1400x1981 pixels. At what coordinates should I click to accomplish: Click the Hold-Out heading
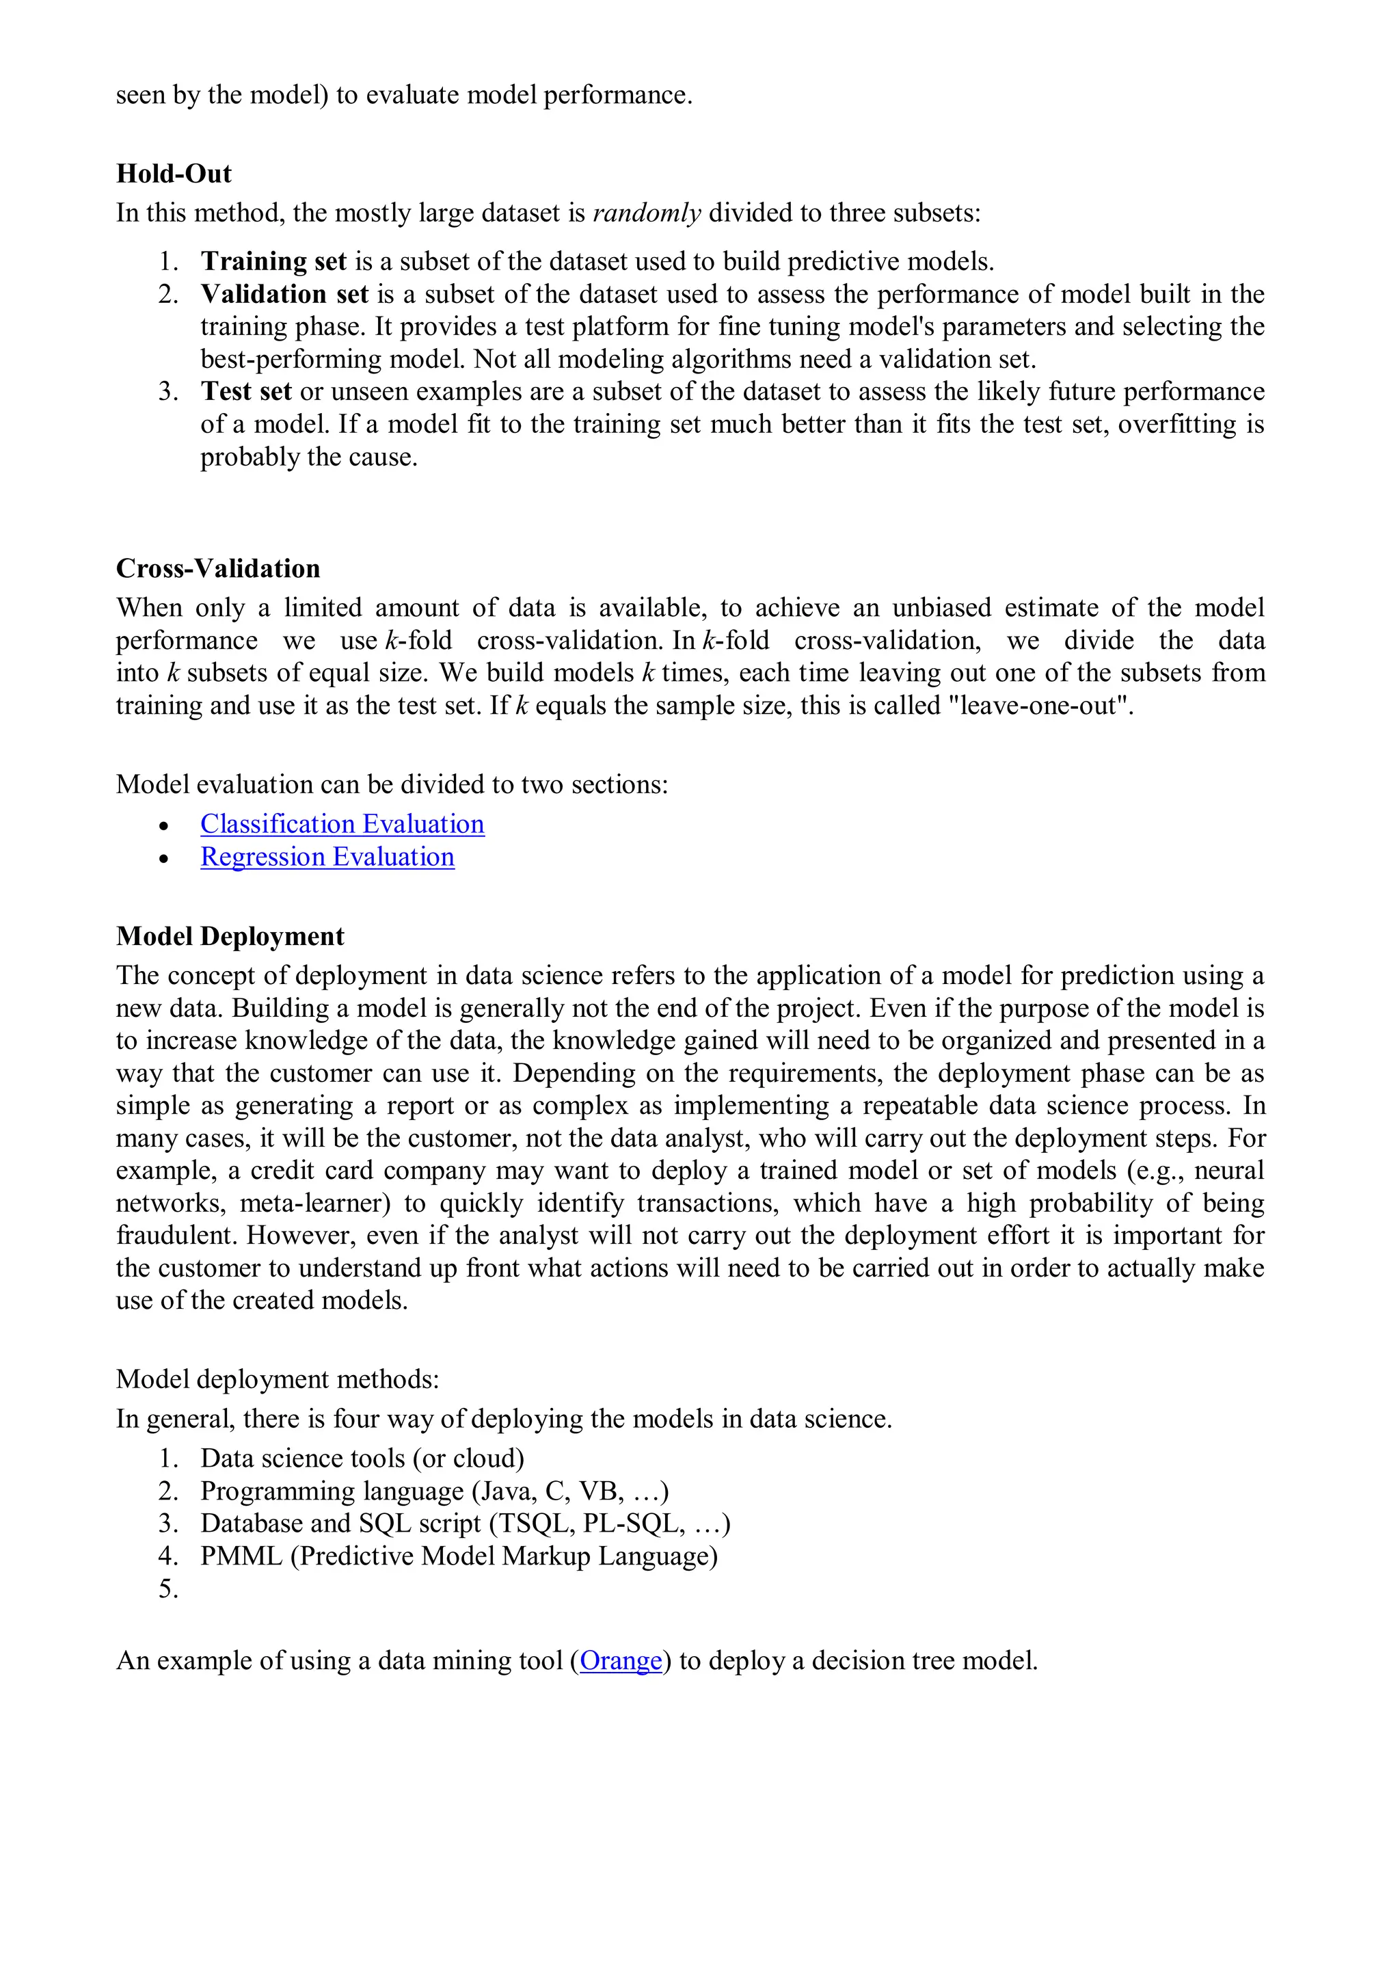click(x=174, y=174)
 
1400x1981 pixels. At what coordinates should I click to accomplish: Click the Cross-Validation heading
click(x=217, y=568)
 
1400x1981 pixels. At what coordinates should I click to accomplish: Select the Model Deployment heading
click(x=230, y=936)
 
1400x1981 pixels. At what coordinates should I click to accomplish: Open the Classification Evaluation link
click(x=342, y=824)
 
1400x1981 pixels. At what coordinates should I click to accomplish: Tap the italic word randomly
click(x=646, y=213)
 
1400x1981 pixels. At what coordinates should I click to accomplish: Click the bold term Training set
click(x=273, y=261)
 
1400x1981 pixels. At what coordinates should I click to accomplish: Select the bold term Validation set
click(x=284, y=294)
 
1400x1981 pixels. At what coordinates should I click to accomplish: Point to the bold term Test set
click(x=246, y=392)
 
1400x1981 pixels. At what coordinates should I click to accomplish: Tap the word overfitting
click(x=1176, y=425)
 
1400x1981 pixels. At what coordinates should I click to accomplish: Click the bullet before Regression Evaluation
click(x=164, y=857)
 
